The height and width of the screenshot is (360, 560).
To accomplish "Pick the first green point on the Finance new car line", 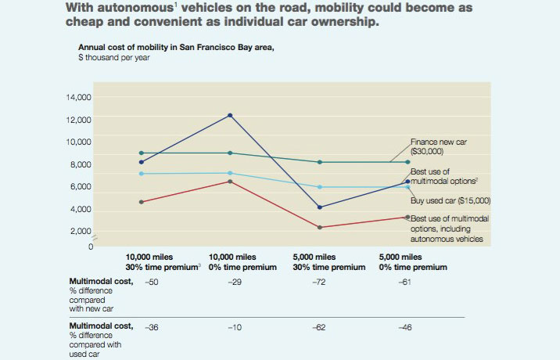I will (x=142, y=153).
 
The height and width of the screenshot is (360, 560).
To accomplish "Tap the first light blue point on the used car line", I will (x=142, y=174).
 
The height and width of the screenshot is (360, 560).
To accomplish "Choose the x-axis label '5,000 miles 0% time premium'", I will (x=413, y=261).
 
